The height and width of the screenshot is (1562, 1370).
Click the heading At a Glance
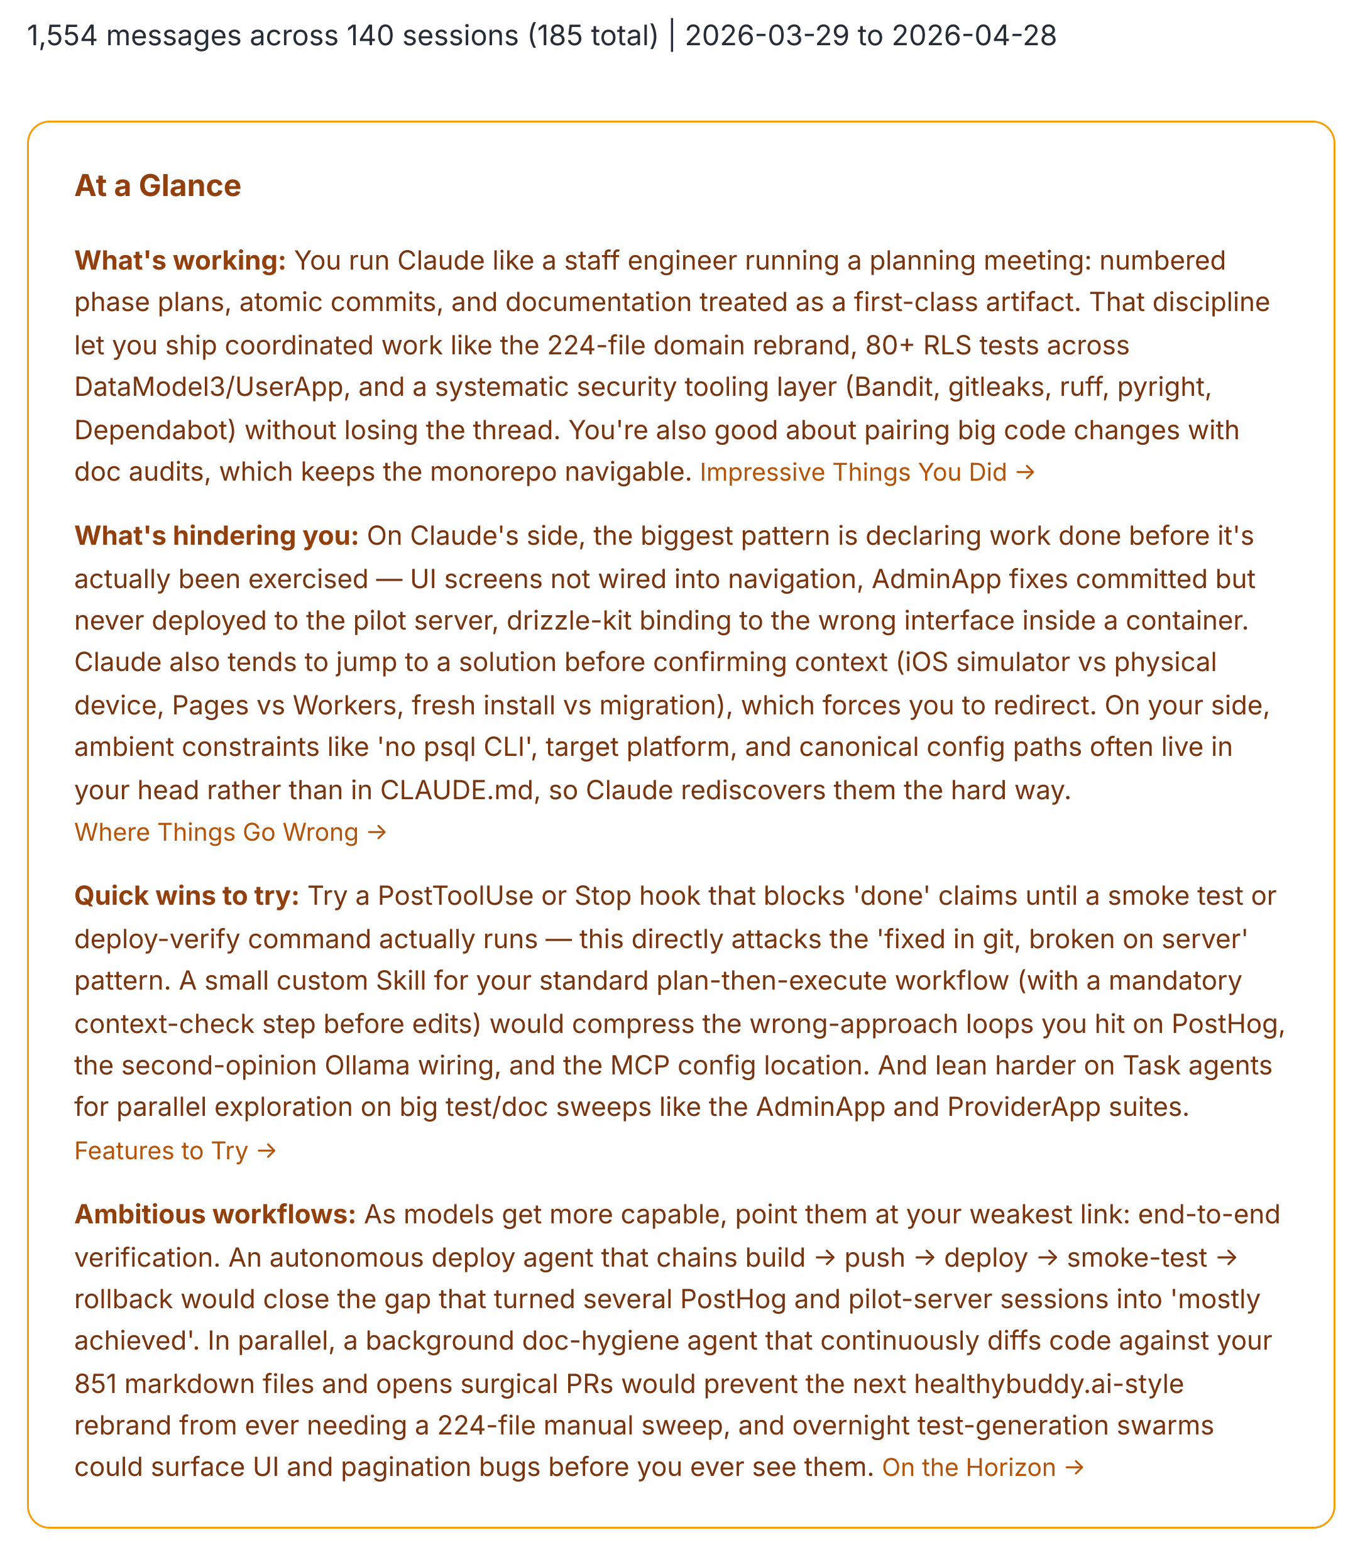pos(158,186)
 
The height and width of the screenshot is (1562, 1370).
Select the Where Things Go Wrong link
pos(230,832)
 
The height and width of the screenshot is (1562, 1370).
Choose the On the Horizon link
pos(982,1467)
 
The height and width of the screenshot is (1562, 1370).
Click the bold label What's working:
pos(180,261)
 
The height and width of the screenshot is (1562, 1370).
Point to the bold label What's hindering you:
pos(216,536)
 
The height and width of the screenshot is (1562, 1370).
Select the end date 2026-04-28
pos(974,36)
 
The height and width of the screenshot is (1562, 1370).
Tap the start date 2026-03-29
pos(767,36)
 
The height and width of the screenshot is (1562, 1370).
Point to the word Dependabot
pos(155,430)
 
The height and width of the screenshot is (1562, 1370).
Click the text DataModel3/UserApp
pos(209,388)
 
